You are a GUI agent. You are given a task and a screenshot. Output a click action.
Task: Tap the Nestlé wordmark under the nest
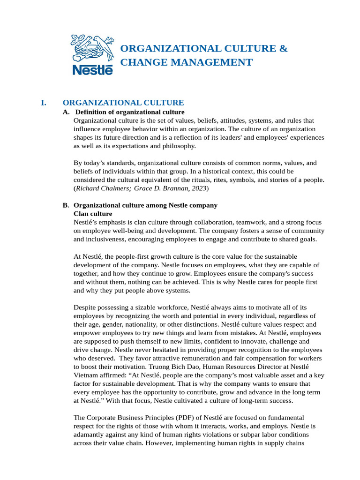(x=92, y=69)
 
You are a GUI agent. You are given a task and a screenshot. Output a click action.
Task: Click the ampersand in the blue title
(x=283, y=49)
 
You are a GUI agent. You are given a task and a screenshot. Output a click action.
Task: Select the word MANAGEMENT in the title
(x=217, y=62)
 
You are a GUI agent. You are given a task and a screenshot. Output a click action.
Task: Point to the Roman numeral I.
(x=44, y=103)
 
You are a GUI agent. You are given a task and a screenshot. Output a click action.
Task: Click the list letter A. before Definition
(x=66, y=112)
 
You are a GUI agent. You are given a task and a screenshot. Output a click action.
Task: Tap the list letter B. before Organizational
(x=66, y=205)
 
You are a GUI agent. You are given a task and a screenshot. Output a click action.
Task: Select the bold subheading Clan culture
(x=93, y=214)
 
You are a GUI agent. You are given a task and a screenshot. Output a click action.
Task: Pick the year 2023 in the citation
(x=198, y=188)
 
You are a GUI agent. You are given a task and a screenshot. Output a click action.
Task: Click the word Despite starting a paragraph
(x=85, y=307)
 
